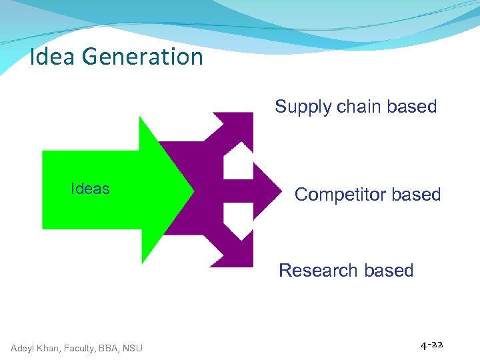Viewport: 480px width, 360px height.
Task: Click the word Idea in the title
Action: tap(53, 57)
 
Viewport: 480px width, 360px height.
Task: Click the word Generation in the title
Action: tap(143, 57)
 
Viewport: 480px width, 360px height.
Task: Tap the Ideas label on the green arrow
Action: tap(90, 189)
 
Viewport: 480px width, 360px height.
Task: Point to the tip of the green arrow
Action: tap(191, 190)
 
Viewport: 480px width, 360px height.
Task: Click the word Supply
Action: tap(299, 107)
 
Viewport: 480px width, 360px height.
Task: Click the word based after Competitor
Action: tap(417, 195)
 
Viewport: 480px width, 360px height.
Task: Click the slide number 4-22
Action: tap(431, 345)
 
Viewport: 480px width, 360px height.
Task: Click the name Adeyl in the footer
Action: tap(24, 347)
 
